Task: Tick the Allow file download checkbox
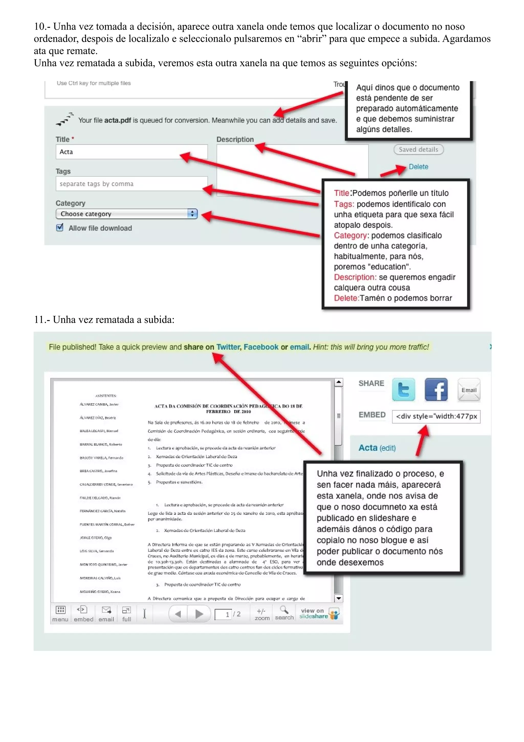tap(60, 228)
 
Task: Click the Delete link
tap(418, 167)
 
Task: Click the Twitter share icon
tap(403, 389)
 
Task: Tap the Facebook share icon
tap(436, 389)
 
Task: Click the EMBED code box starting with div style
tap(436, 416)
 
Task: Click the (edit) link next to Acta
tap(387, 448)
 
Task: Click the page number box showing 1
tap(223, 614)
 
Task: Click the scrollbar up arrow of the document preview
tap(338, 382)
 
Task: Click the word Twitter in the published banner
tap(228, 347)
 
